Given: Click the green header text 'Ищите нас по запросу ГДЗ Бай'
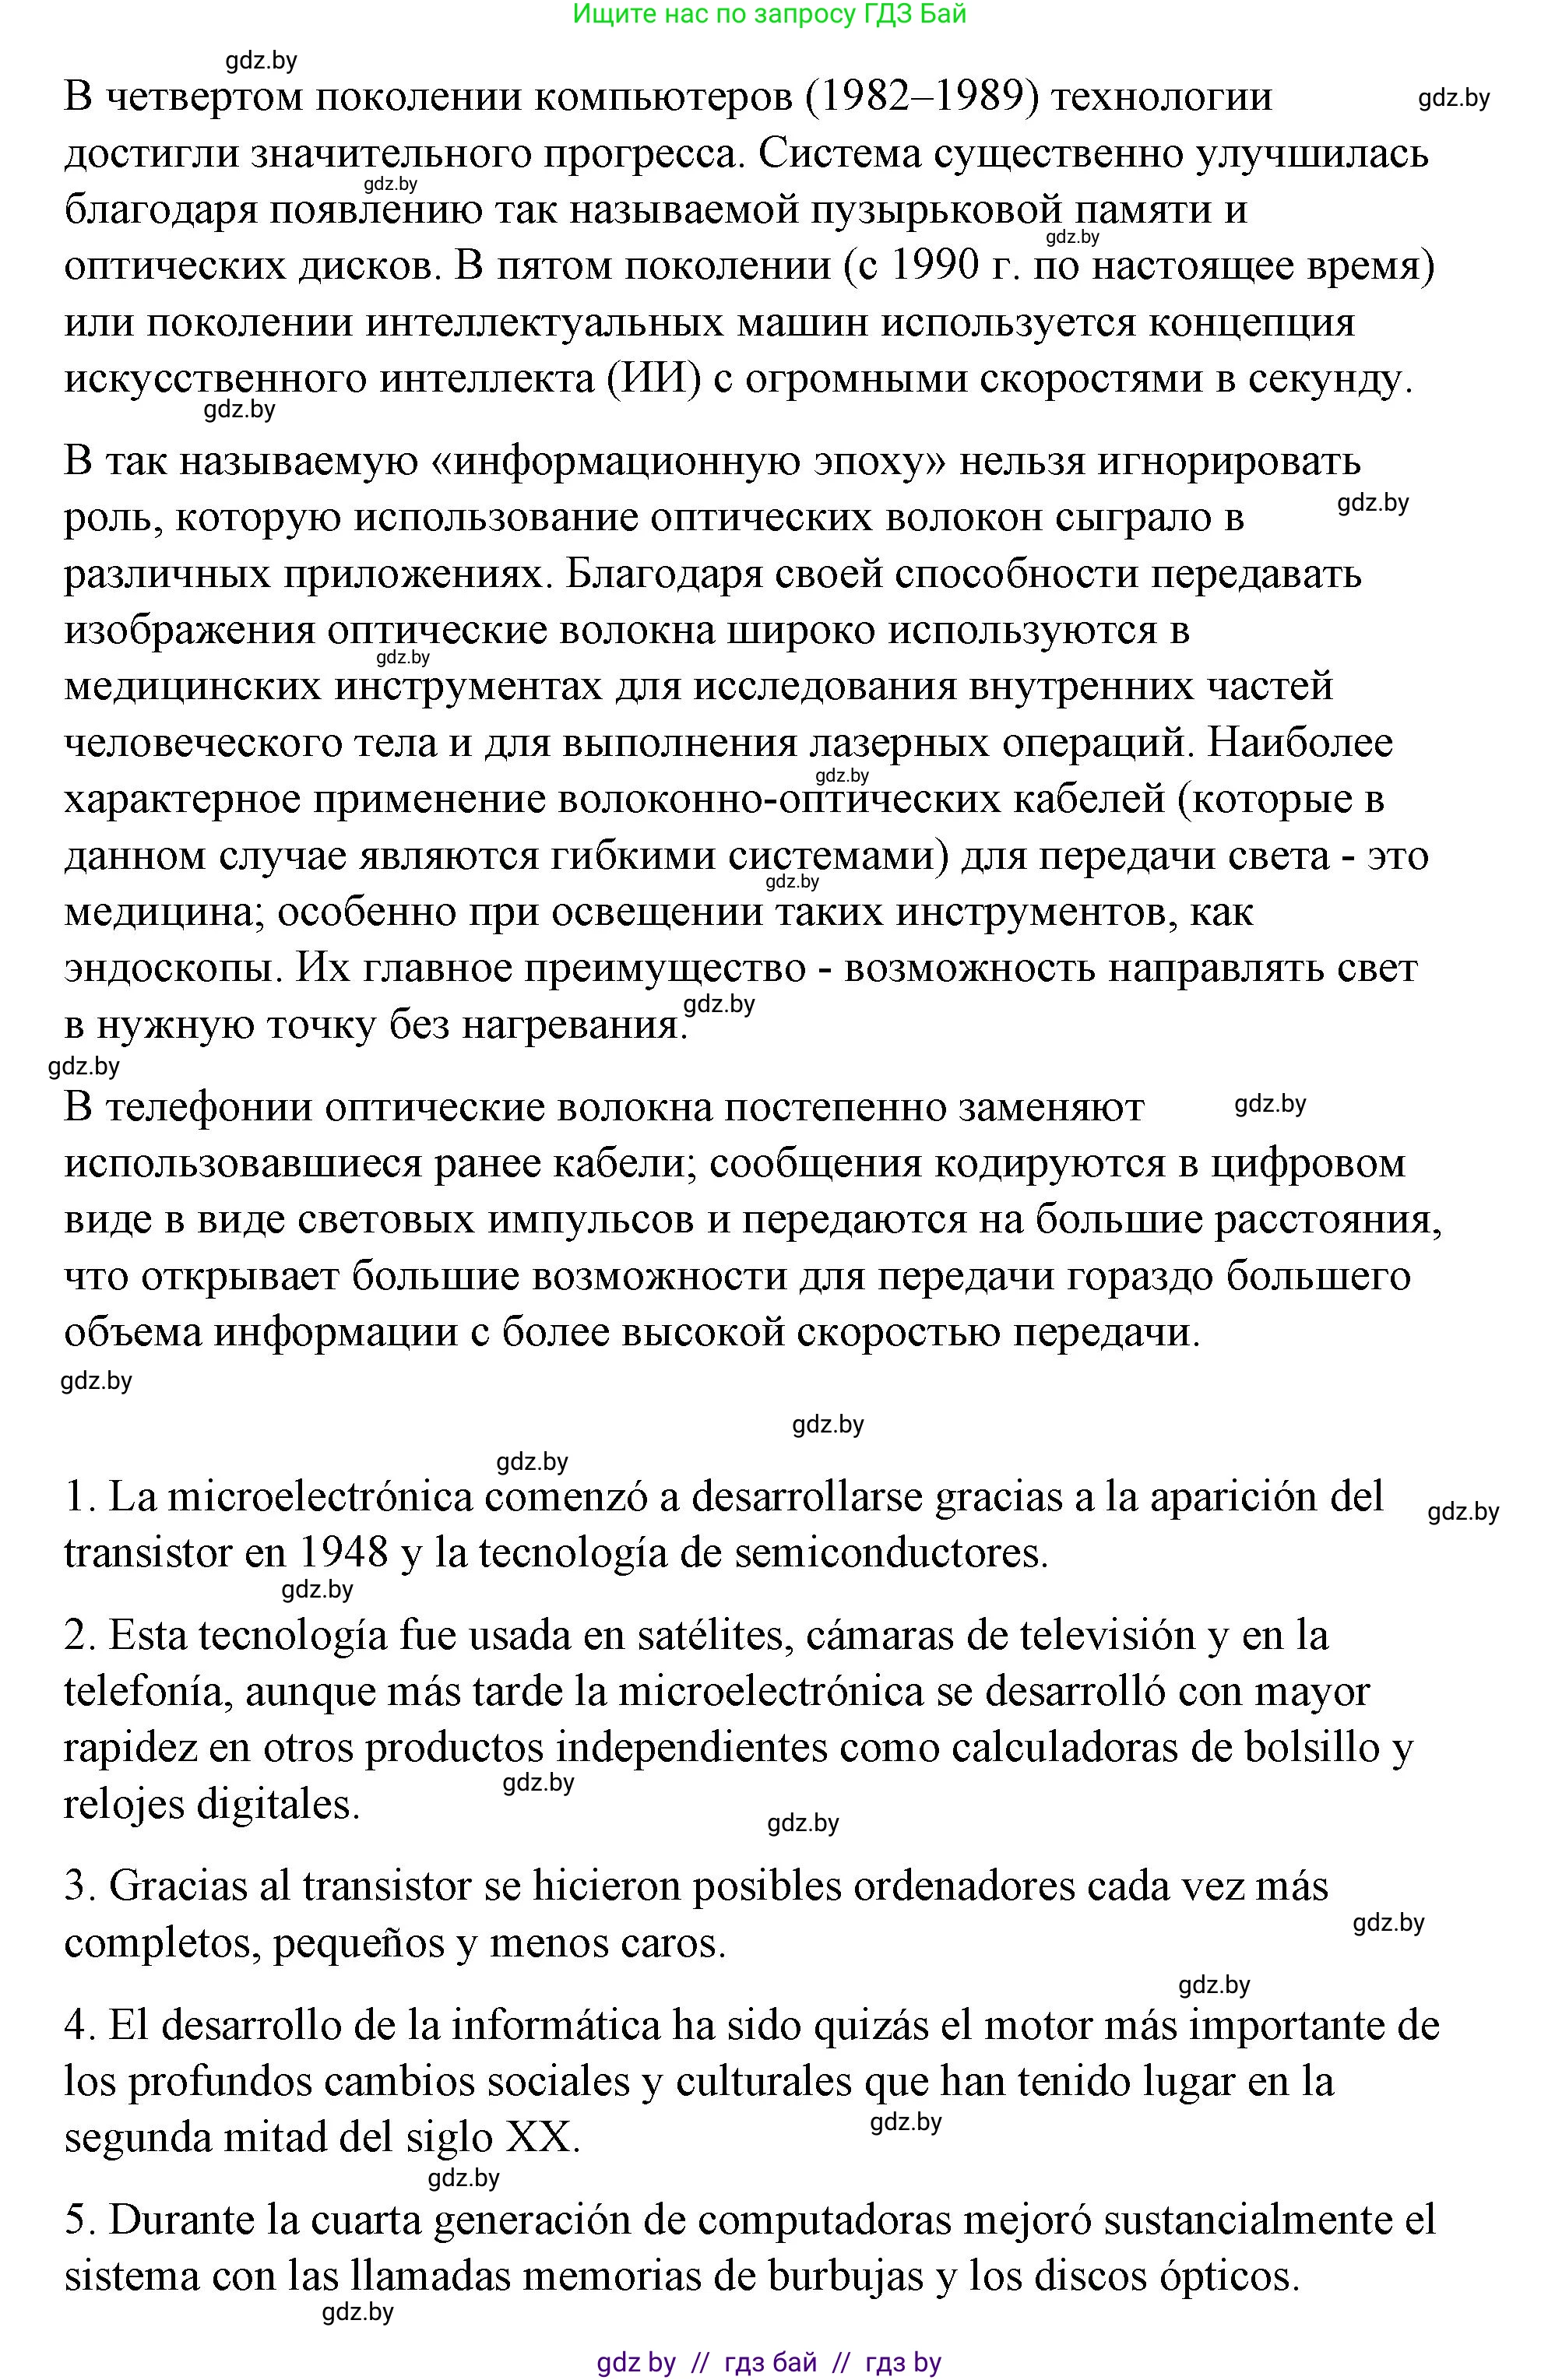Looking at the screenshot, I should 770,14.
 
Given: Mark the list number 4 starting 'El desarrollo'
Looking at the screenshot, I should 78,2025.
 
